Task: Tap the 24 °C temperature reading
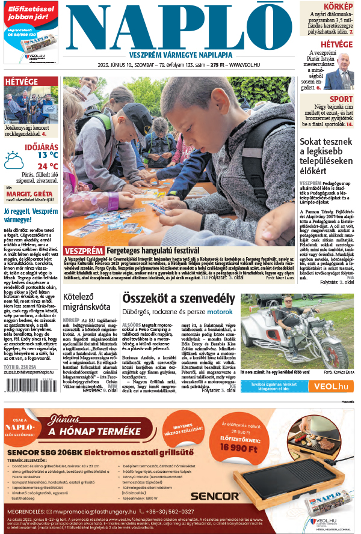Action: [x=48, y=166]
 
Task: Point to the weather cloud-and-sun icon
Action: [x=13, y=160]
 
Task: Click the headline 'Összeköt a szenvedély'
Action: [x=178, y=299]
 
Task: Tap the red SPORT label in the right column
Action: [x=341, y=99]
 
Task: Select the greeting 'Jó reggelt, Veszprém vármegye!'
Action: [x=30, y=215]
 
